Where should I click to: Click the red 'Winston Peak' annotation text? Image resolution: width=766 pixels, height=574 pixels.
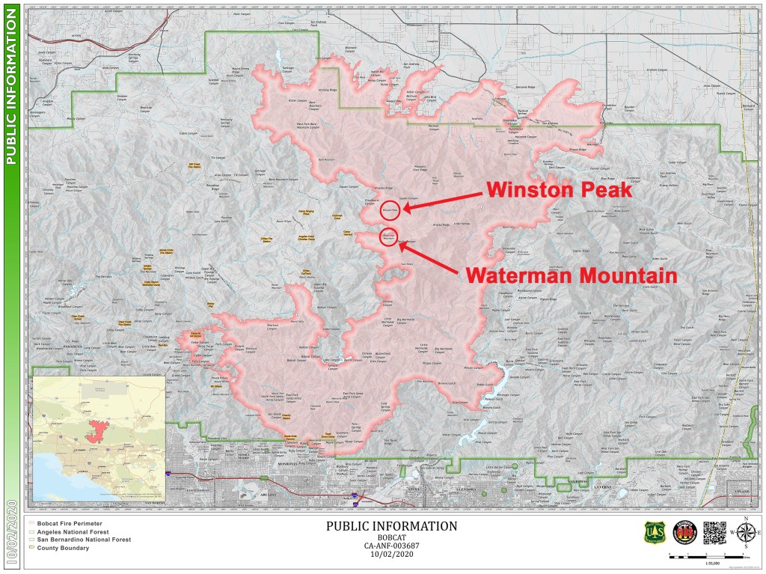tap(560, 190)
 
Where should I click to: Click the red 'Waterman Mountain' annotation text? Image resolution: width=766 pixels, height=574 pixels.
tap(571, 275)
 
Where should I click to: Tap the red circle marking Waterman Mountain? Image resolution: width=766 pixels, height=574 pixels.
tap(388, 238)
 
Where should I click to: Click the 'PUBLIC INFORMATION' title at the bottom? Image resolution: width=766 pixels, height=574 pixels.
tap(391, 526)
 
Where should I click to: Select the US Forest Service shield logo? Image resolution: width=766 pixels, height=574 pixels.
tap(654, 532)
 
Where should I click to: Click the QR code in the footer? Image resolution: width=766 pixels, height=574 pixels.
tap(715, 532)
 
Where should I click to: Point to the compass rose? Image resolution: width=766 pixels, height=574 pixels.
tap(746, 533)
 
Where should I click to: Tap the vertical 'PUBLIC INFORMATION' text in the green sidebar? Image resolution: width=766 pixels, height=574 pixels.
tap(11, 88)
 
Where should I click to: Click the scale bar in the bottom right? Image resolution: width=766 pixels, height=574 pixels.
tap(706, 555)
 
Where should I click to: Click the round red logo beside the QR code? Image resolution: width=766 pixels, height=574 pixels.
tap(684, 532)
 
